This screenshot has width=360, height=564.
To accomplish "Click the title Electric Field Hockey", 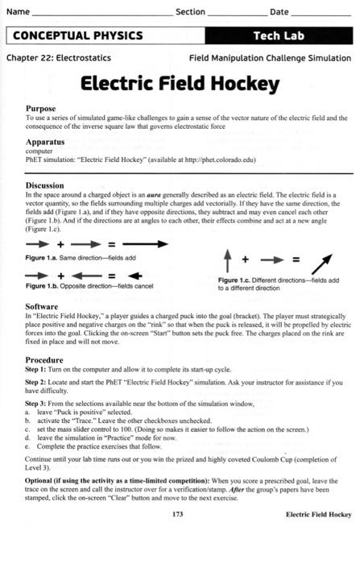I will [179, 83].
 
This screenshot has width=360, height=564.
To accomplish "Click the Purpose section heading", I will [45, 107].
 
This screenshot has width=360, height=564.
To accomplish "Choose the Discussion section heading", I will [52, 185].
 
